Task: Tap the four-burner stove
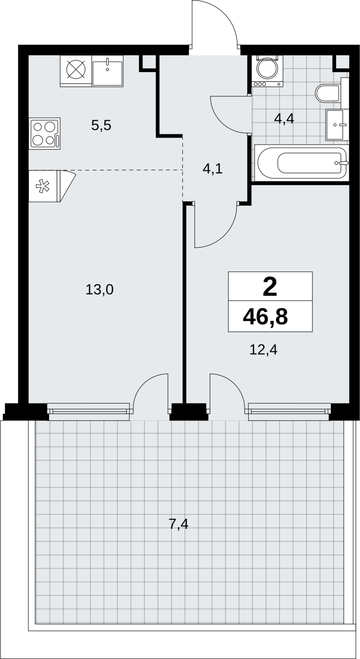coord(44,133)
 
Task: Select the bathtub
coord(302,163)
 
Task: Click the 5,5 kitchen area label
coord(101,126)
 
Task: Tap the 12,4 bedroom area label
coord(263,350)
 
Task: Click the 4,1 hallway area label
coord(213,169)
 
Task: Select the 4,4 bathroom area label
coord(284,119)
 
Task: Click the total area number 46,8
coord(265,317)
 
